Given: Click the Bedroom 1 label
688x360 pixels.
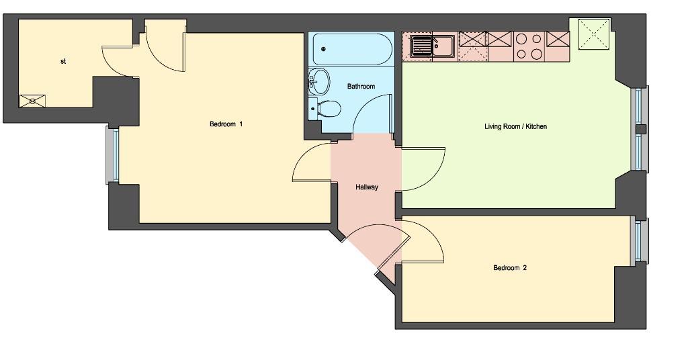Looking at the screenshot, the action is (x=226, y=124).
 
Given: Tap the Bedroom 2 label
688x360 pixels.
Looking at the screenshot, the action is (x=510, y=267).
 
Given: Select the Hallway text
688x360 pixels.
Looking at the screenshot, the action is (x=367, y=187).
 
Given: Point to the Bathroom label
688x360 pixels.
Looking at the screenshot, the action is (x=361, y=87).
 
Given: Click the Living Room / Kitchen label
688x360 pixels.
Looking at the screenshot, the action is (x=515, y=126).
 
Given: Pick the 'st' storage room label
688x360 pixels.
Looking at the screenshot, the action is (x=63, y=61).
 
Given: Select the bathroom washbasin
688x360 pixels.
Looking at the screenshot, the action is (x=320, y=81).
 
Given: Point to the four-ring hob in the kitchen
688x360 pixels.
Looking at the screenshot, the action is (x=529, y=46).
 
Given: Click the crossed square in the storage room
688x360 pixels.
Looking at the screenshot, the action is (x=32, y=101).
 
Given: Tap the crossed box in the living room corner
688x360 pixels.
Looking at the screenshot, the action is (x=594, y=34).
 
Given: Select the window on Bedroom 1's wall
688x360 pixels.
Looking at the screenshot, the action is (x=113, y=155).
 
